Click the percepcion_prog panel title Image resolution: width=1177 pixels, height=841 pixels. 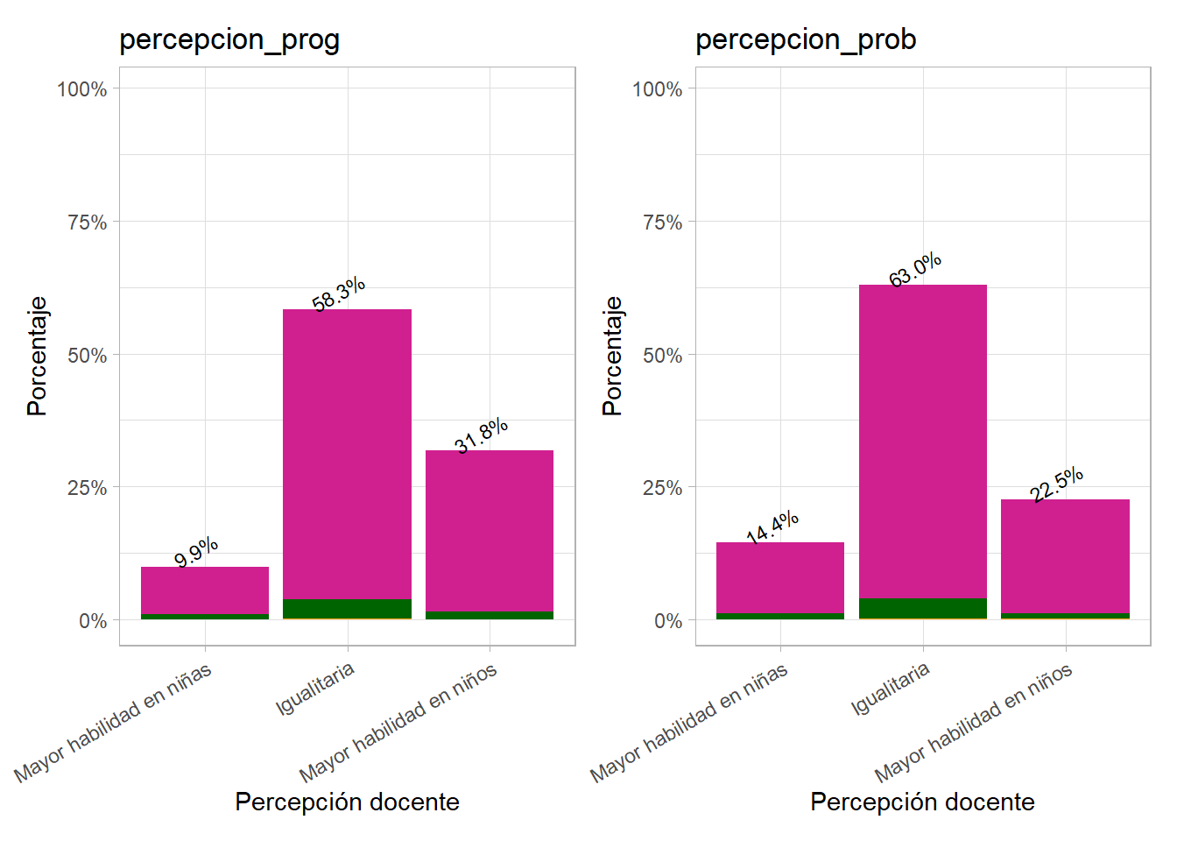[229, 39]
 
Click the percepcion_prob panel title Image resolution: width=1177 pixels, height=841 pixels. [806, 39]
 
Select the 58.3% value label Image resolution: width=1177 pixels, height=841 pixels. [339, 294]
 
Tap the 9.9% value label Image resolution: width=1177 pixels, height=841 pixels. [196, 553]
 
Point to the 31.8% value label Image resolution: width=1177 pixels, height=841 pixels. [482, 435]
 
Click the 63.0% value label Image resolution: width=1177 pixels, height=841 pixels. [915, 270]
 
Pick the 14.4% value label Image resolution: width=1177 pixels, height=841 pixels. [772, 527]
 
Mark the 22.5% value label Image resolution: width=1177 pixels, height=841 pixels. [1057, 484]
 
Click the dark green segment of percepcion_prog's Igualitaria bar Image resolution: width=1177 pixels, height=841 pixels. [347, 608]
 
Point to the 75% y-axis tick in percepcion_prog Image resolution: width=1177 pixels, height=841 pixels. [88, 223]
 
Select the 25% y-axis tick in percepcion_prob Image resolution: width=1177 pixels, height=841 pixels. [662, 488]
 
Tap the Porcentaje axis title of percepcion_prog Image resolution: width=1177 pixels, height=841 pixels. [38, 356]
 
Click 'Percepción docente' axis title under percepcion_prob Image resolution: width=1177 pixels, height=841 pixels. [922, 802]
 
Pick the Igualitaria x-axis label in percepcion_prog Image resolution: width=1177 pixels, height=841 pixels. [315, 689]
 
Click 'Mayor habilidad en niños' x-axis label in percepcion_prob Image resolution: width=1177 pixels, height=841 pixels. [973, 724]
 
